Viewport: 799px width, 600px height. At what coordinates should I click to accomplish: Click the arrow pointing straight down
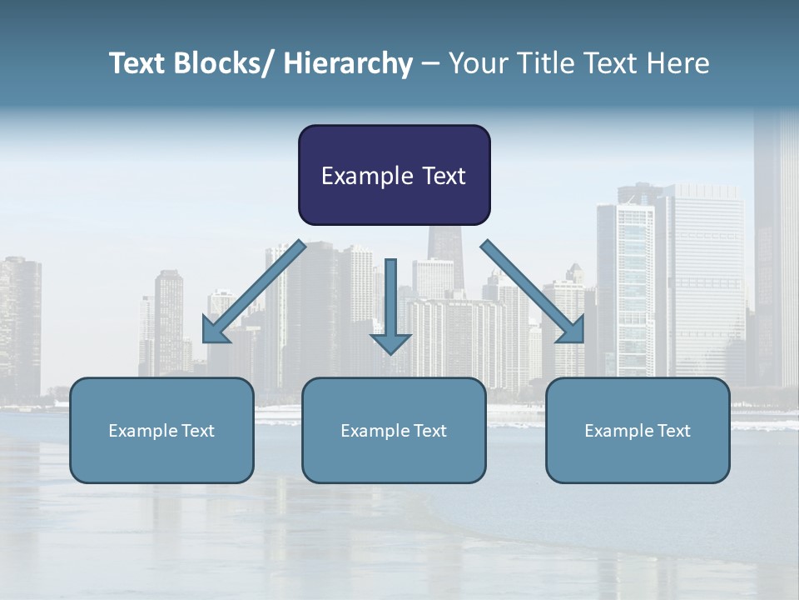[391, 308]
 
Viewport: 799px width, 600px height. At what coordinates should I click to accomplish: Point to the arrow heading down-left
[254, 293]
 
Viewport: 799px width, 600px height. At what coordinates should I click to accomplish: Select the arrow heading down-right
[533, 292]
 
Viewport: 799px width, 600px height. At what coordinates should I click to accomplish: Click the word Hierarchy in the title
[348, 63]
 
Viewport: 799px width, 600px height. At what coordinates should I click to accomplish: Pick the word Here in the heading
[678, 63]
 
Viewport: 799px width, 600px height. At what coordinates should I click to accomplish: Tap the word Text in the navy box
[444, 176]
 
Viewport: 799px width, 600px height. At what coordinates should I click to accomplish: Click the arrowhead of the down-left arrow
[214, 331]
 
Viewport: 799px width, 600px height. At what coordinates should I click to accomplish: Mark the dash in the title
[430, 63]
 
